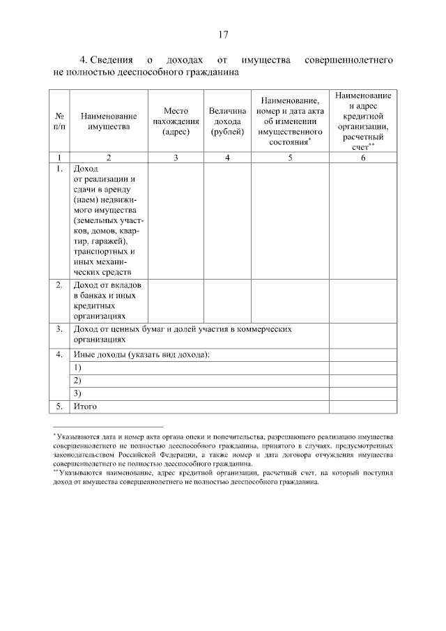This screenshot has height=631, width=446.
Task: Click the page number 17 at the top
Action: pos(223,34)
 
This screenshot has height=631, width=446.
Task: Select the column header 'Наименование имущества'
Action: pos(108,121)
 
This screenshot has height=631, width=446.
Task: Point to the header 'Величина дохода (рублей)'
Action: pos(227,121)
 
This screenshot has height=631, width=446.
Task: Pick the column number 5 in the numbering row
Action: pos(289,158)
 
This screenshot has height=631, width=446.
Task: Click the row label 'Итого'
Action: pos(85,406)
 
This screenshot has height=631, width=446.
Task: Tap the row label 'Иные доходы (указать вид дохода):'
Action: pos(141,355)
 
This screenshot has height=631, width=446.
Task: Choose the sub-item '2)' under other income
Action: pos(77,380)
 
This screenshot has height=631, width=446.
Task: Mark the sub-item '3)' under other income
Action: pos(77,393)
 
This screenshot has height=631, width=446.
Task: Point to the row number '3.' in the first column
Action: pos(59,328)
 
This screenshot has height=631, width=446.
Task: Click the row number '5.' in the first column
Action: pos(59,406)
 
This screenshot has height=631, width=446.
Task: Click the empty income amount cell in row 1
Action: pos(227,220)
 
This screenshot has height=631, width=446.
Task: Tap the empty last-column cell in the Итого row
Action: pos(361,406)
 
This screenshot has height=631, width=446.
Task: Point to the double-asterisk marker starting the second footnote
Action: pos(56,471)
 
